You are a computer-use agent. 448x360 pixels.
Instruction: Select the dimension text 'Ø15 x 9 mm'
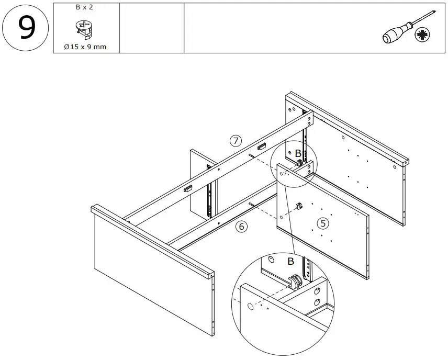pyautogui.click(x=85, y=47)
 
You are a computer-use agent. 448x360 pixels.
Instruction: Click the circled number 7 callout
pyautogui.click(x=236, y=140)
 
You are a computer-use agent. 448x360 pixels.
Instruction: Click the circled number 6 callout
pyautogui.click(x=241, y=227)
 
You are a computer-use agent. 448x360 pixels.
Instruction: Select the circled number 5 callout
pyautogui.click(x=323, y=223)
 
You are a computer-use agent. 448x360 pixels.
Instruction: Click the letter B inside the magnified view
pyautogui.click(x=291, y=261)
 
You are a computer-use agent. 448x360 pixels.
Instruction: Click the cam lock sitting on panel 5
pyautogui.click(x=300, y=206)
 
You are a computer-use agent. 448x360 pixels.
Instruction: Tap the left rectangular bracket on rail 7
pyautogui.click(x=187, y=188)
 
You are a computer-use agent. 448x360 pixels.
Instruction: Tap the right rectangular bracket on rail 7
pyautogui.click(x=262, y=148)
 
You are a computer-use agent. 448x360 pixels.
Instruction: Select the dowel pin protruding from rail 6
pyautogui.click(x=253, y=205)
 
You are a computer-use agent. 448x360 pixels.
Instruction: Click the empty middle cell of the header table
pyautogui.click(x=152, y=28)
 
